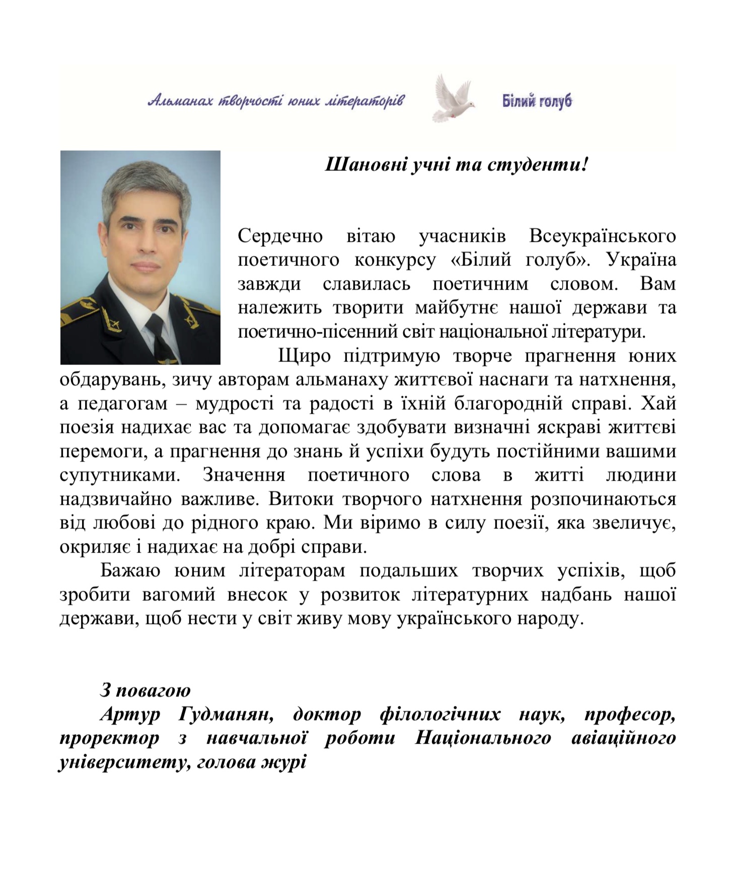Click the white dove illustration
[x=453, y=99]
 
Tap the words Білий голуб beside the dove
[x=537, y=101]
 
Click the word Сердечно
[x=280, y=236]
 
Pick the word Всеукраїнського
[x=603, y=236]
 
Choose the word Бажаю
[x=130, y=571]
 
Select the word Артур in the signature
[x=130, y=714]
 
